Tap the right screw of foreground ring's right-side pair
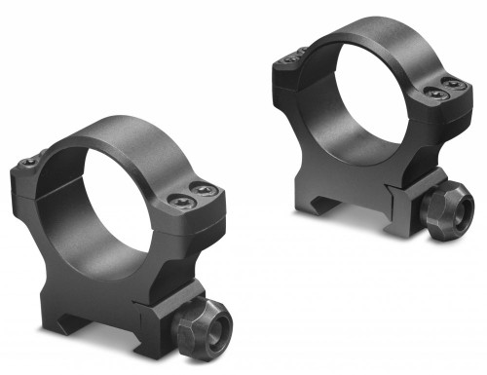(205, 190)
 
